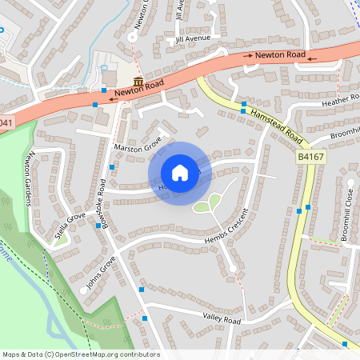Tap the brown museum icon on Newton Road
coord(138,82)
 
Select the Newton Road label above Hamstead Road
coord(280,54)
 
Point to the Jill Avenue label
coord(194,38)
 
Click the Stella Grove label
coord(70,227)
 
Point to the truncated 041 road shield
coord(6,122)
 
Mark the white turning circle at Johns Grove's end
coord(84,290)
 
